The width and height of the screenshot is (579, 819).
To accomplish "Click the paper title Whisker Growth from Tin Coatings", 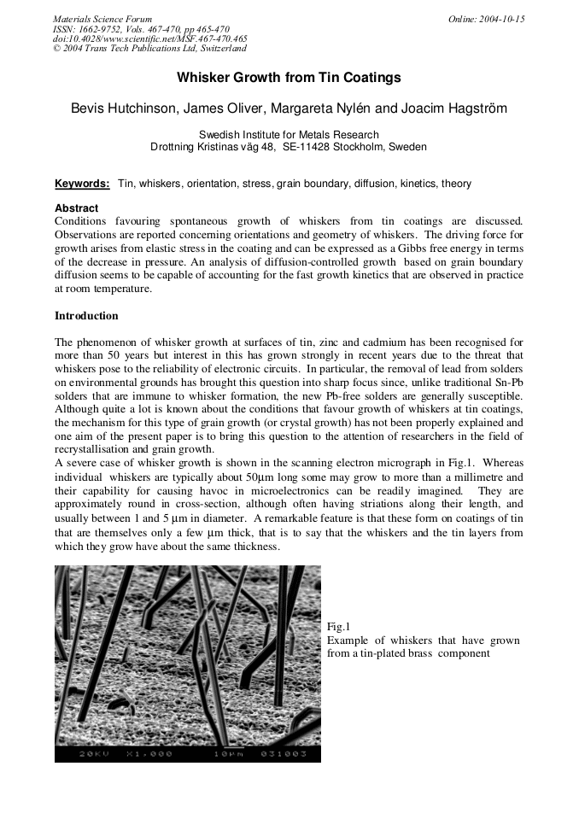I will [x=289, y=78].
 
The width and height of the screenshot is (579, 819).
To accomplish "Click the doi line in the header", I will [x=149, y=38].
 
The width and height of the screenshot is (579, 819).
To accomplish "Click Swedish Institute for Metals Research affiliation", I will [x=289, y=134].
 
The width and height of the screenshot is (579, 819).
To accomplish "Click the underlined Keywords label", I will [x=82, y=184].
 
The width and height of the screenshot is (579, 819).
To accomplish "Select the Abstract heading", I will [x=76, y=208].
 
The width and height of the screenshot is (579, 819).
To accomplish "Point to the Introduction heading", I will [x=86, y=316].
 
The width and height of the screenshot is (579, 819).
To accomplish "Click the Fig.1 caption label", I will [x=339, y=627].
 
